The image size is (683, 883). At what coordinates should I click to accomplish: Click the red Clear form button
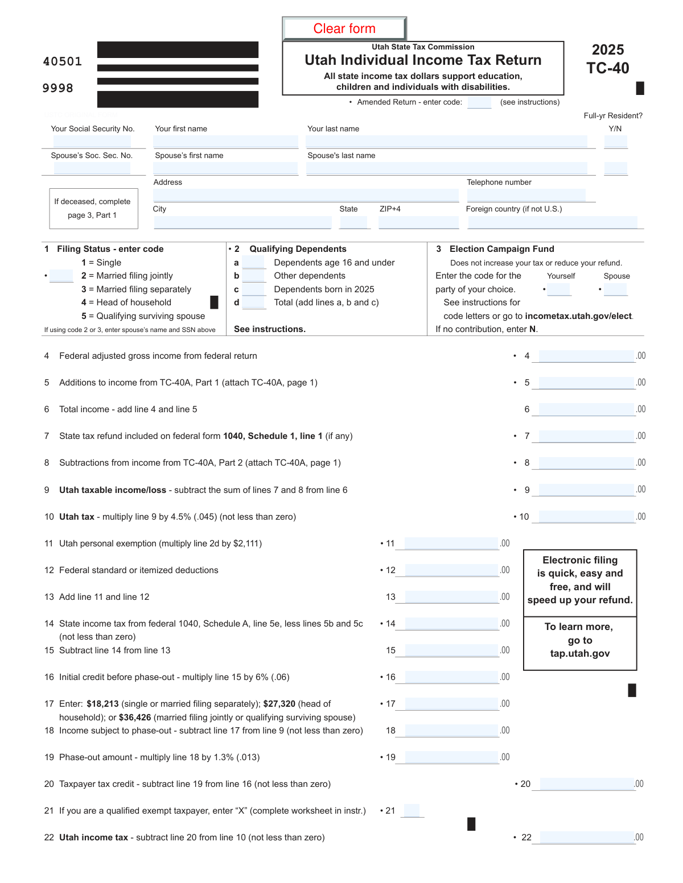coord(344,28)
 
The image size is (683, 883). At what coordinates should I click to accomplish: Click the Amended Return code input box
coord(479,102)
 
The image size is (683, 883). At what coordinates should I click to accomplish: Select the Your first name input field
coord(226,142)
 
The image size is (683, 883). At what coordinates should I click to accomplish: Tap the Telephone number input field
coord(526,195)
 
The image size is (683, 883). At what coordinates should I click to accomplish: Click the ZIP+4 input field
coord(418,222)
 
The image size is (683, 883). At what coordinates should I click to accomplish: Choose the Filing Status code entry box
coord(61,276)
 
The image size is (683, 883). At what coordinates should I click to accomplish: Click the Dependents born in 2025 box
coord(253,289)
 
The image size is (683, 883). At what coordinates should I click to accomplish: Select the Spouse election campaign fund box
coord(615,289)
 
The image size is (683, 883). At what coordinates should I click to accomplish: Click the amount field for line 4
coord(586,356)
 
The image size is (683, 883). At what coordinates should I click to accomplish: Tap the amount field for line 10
coord(586,517)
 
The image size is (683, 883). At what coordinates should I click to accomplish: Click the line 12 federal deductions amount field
coord(451,570)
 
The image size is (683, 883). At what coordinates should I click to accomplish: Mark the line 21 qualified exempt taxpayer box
coord(412,811)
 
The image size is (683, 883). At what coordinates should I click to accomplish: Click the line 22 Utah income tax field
coord(587,838)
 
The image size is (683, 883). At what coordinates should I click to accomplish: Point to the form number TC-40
coord(608,68)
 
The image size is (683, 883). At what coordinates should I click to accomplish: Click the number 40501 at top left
coord(63,61)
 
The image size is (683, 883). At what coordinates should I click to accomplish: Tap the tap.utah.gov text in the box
coord(580,653)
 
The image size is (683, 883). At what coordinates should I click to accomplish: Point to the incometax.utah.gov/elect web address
coord(578,316)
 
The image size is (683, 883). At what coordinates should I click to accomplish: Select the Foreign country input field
coord(552,222)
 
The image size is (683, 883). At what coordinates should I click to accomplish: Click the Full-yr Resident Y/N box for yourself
coord(615,142)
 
